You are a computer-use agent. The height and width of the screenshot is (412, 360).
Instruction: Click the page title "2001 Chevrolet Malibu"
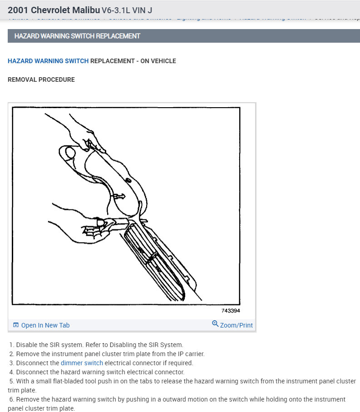coord(54,10)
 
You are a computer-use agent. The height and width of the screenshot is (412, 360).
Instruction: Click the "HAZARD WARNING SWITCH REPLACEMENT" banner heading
coord(77,36)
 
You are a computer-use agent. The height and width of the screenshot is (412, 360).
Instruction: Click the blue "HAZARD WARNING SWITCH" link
coord(48,61)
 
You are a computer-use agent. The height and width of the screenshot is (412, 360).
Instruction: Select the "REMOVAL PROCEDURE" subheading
coord(41,79)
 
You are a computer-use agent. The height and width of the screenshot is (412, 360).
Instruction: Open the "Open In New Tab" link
coord(45,325)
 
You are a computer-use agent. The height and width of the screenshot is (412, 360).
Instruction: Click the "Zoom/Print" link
coord(236,325)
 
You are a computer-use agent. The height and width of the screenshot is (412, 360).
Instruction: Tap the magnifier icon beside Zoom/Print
coord(215,324)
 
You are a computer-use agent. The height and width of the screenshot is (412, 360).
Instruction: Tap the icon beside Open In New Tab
coord(16,325)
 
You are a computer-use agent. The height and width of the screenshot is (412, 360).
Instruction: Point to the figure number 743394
coord(231,311)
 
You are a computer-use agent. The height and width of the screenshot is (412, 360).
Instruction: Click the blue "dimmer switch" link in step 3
coord(82,363)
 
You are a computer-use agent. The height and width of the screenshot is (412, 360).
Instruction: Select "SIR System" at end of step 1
coord(168,345)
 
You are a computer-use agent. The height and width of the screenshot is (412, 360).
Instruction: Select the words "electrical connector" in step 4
coord(154,372)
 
